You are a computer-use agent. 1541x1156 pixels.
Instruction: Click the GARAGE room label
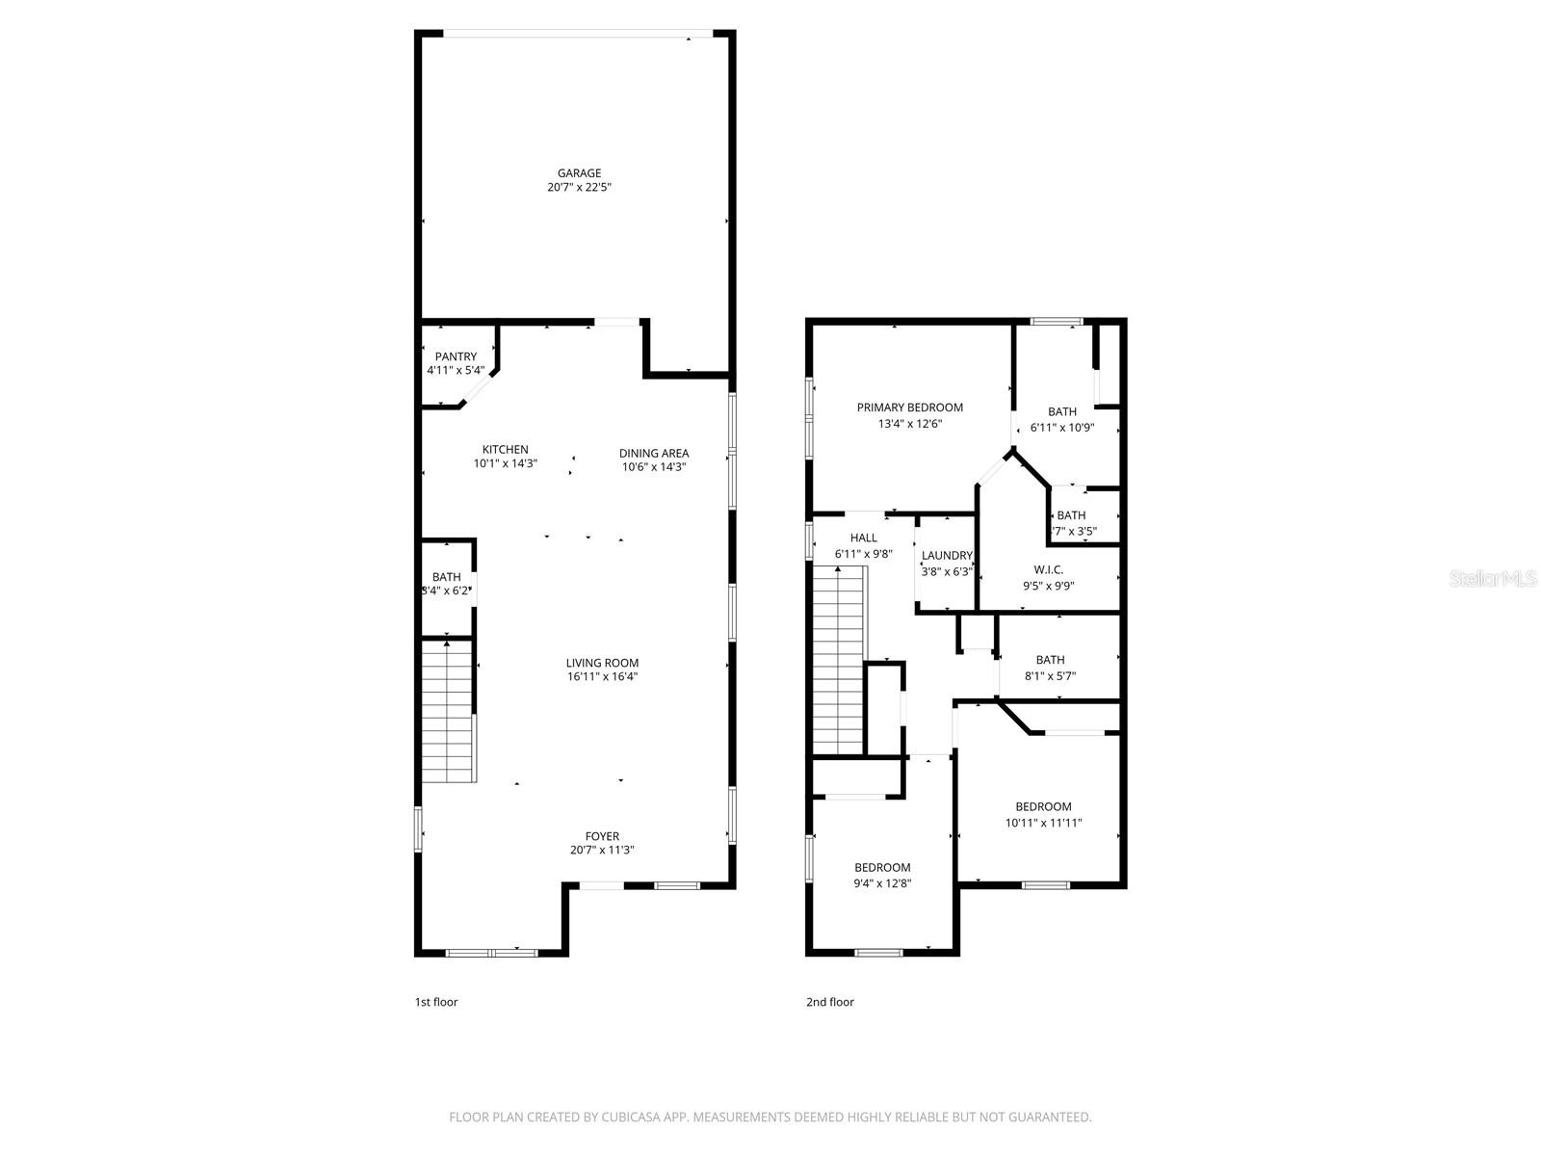579,173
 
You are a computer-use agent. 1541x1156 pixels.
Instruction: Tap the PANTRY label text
456,356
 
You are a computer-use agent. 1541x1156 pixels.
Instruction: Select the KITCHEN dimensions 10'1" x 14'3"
505,463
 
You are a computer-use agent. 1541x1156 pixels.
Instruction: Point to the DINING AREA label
654,454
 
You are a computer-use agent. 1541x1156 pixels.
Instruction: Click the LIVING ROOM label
602,663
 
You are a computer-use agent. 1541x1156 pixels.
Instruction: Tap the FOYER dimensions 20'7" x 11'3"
602,850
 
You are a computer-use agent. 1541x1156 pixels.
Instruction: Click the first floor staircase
449,713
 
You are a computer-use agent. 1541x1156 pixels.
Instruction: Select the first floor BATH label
446,577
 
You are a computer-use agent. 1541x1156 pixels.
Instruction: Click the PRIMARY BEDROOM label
909,407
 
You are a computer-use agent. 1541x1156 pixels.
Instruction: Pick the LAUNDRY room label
947,556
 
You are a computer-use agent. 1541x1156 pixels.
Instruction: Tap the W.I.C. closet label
1048,569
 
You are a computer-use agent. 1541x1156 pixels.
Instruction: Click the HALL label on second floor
863,538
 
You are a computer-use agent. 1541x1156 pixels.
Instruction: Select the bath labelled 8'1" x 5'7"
1050,668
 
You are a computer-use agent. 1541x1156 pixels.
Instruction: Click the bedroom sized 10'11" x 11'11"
1043,814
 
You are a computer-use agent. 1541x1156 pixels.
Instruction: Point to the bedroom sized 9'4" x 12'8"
882,875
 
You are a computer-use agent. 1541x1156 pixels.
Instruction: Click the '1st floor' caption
436,1002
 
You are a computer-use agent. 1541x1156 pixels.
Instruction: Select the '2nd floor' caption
829,1002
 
